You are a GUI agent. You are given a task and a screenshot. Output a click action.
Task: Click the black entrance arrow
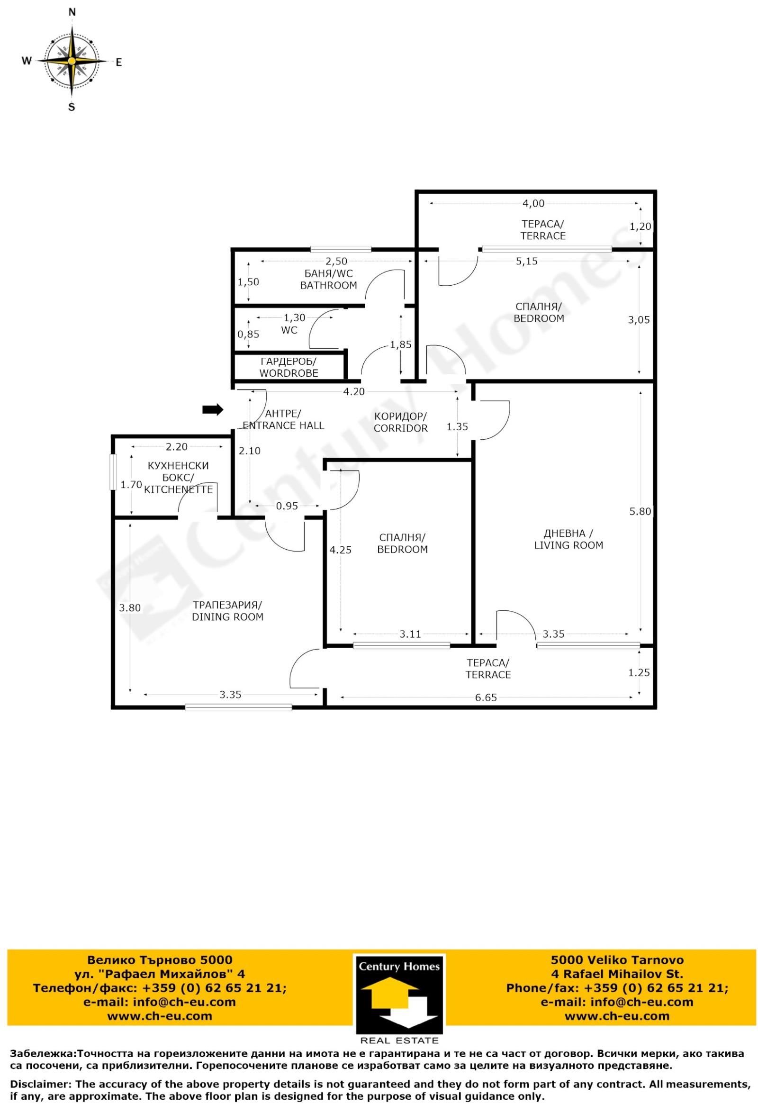(213, 409)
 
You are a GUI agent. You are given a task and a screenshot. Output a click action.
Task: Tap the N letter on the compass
(72, 12)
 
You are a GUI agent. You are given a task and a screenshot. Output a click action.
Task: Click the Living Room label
(568, 539)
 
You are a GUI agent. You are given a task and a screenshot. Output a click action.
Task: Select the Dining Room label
(227, 611)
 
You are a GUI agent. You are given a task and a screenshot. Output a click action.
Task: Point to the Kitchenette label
(178, 478)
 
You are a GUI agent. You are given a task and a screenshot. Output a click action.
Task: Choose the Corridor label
(401, 422)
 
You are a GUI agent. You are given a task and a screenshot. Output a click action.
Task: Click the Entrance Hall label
(283, 419)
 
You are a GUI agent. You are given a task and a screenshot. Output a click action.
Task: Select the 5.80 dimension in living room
(640, 512)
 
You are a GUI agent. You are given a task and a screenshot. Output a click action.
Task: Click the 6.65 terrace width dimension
(486, 697)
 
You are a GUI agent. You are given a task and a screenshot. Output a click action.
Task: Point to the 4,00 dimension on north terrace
(533, 203)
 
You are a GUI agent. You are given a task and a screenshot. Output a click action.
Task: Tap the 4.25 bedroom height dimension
(341, 550)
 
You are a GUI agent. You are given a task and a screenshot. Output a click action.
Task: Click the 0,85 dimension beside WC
(248, 334)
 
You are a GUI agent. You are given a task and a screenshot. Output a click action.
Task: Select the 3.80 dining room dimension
(130, 607)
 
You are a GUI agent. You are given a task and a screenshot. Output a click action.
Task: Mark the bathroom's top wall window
(341, 249)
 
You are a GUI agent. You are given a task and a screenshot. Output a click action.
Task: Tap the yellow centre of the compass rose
(71, 61)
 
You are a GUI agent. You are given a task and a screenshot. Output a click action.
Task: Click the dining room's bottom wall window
(238, 707)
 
